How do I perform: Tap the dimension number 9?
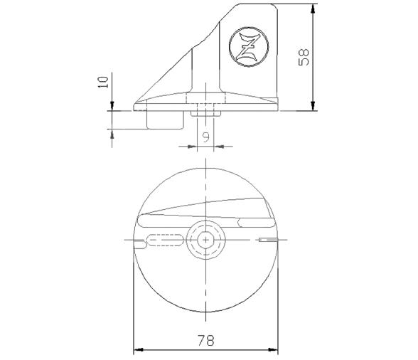[205, 137]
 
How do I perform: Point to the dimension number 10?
[104, 83]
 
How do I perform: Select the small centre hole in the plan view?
[205, 240]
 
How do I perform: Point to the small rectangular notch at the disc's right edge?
[266, 240]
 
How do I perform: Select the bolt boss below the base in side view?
[205, 113]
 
